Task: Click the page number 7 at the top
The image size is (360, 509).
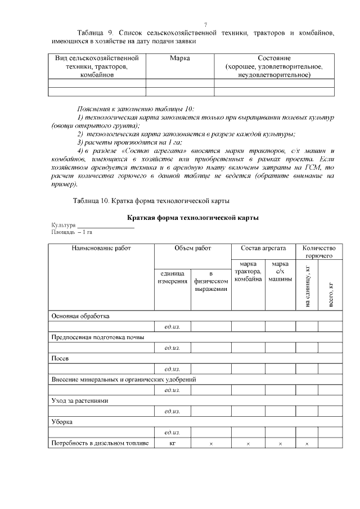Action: tap(205, 24)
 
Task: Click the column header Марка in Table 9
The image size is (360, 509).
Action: tap(179, 58)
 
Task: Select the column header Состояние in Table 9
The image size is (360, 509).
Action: tap(274, 58)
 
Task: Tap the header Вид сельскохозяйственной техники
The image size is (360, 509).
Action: tap(97, 58)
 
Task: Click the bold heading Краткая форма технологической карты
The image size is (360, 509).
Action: tap(193, 217)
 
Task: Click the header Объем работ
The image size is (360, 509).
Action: tap(193, 248)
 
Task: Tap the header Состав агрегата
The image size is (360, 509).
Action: tap(263, 248)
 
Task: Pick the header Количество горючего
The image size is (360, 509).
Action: tap(318, 252)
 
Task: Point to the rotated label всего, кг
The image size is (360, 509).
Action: tap(330, 292)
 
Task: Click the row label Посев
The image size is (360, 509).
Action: tap(61, 358)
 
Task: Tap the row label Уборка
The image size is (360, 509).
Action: tap(62, 422)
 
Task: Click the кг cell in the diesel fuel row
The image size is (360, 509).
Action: tap(173, 443)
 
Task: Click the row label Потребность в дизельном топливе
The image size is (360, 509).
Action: tap(100, 443)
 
